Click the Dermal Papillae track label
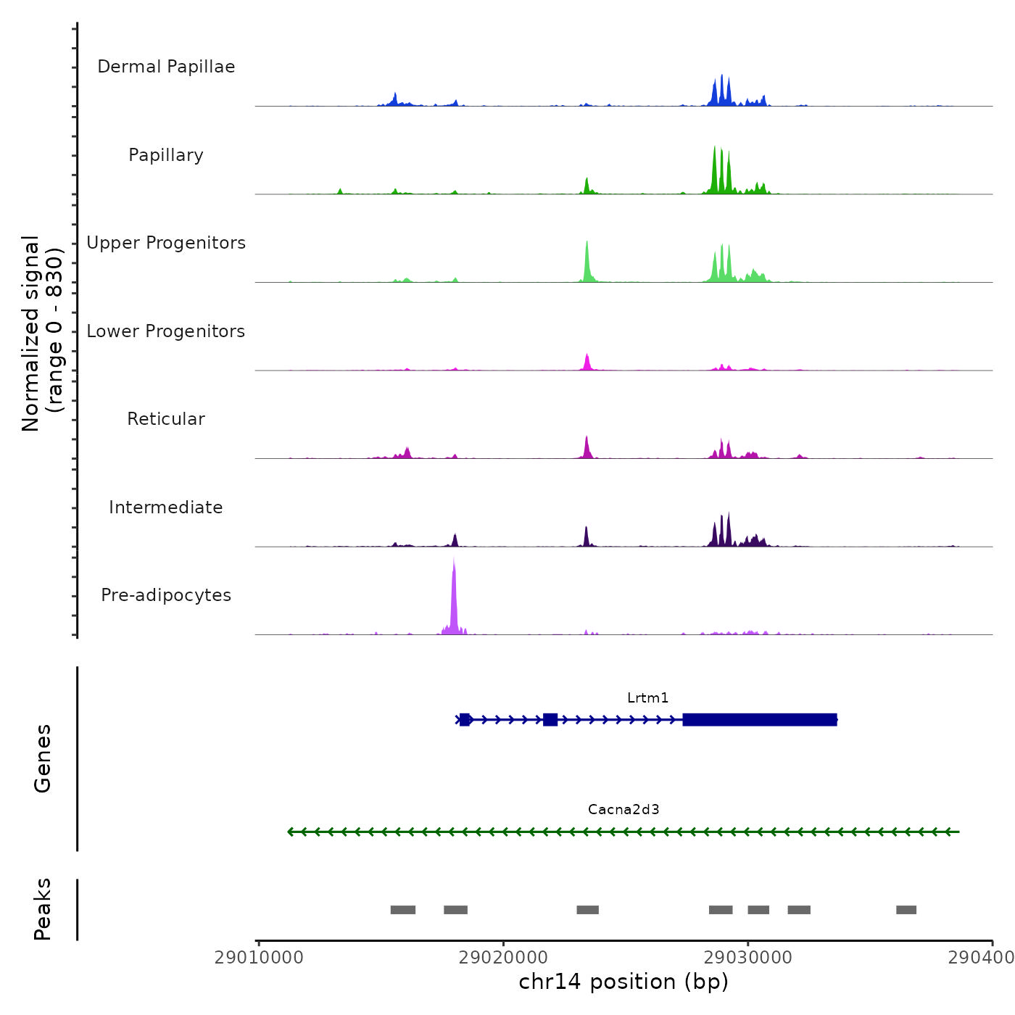(x=166, y=67)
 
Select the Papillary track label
(x=166, y=155)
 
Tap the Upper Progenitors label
(x=166, y=243)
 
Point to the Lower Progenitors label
(x=166, y=331)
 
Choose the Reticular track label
(x=166, y=419)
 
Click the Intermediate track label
(x=166, y=507)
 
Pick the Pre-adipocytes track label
(x=166, y=595)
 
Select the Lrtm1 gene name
(x=648, y=698)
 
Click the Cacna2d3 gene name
(x=623, y=810)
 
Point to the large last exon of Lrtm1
(x=760, y=720)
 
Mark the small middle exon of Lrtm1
(x=550, y=720)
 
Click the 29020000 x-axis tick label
(x=503, y=958)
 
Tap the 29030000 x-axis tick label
(x=747, y=958)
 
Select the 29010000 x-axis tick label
(x=259, y=958)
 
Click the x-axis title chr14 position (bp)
(x=623, y=982)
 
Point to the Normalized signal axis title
(x=42, y=333)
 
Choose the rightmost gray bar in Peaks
(x=906, y=910)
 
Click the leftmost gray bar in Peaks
(x=403, y=910)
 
